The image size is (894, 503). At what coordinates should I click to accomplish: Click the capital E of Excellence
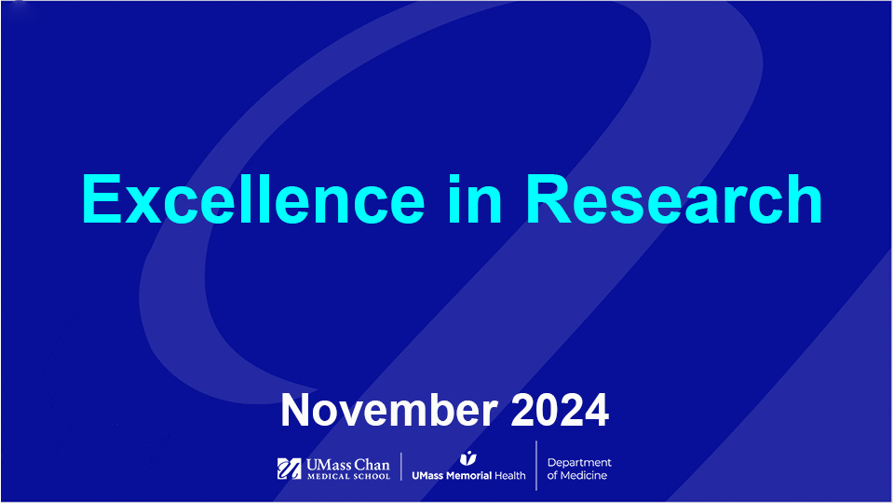[102, 198]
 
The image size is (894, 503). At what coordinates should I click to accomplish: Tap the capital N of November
[297, 411]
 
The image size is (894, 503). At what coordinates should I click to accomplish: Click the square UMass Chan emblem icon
[289, 469]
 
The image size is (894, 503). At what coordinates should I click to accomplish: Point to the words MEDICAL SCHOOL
[348, 477]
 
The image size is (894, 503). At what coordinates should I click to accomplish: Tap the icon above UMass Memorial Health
[468, 458]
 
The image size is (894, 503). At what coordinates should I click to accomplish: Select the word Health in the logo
[509, 475]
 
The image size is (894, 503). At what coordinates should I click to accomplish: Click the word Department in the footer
[579, 463]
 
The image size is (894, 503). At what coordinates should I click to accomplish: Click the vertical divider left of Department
[536, 466]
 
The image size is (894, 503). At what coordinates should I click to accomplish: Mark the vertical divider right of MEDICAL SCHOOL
[401, 467]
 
